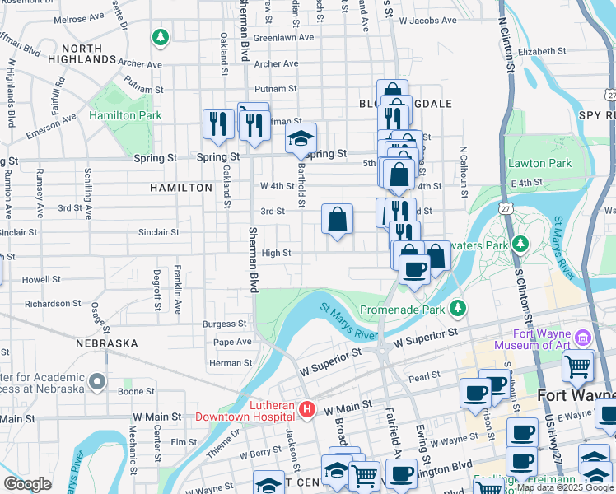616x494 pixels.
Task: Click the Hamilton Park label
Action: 125,116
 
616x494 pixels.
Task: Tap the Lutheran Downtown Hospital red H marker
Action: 307,408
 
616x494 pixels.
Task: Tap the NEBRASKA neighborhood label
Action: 106,343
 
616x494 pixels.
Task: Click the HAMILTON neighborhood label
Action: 181,188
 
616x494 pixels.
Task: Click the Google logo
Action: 27,484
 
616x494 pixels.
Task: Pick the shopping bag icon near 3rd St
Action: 338,220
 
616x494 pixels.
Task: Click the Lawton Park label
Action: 539,163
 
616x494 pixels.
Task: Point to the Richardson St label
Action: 53,304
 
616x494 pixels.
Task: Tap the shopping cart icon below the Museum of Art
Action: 577,366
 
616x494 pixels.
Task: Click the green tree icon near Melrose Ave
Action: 160,37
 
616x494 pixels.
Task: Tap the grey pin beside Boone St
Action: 97,381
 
